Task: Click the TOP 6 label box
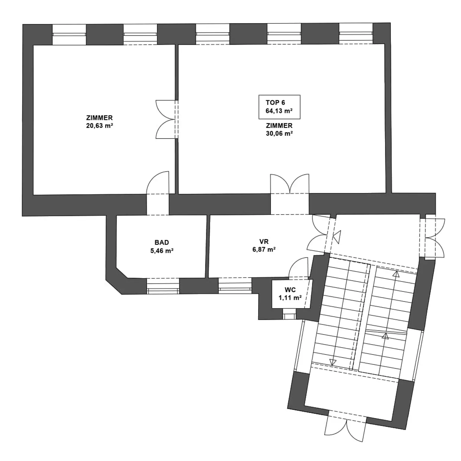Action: [x=279, y=107]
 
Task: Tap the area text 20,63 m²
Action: [x=99, y=126]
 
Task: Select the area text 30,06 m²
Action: [x=279, y=134]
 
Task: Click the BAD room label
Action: [x=162, y=243]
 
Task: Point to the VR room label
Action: [x=264, y=242]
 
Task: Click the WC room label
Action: [x=290, y=290]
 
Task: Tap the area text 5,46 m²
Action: [x=162, y=251]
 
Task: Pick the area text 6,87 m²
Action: [x=264, y=249]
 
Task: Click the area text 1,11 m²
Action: [x=290, y=298]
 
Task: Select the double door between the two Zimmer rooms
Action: [x=167, y=119]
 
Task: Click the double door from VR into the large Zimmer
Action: [x=290, y=184]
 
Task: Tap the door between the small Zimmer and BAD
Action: [x=158, y=183]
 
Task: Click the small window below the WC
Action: [x=289, y=316]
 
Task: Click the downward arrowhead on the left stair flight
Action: [x=333, y=362]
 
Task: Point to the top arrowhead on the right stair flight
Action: [x=397, y=274]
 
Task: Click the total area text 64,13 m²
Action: [x=279, y=111]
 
